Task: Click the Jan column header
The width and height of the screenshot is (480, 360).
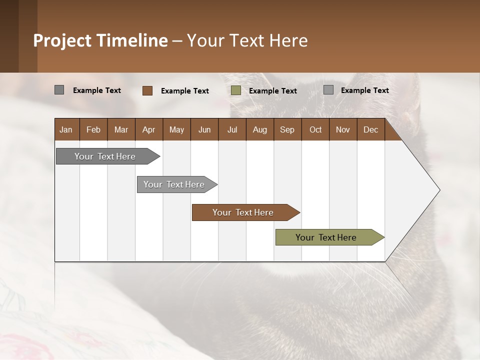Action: click(x=66, y=129)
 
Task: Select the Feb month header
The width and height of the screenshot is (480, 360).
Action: click(x=93, y=129)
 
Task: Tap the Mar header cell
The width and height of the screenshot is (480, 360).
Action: click(x=121, y=129)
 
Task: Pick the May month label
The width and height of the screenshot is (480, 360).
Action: click(x=176, y=129)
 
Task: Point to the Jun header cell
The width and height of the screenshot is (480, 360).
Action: click(x=204, y=129)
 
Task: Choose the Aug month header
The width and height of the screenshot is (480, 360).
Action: click(x=259, y=129)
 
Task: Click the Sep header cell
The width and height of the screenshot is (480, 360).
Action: click(x=287, y=129)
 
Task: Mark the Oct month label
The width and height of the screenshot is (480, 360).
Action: click(x=315, y=129)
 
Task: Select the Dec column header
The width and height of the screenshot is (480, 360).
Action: click(x=370, y=129)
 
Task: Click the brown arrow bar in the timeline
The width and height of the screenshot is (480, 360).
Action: click(x=243, y=212)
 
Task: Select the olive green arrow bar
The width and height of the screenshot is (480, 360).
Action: click(x=326, y=237)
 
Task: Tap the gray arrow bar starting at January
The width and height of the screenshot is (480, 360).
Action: click(x=105, y=156)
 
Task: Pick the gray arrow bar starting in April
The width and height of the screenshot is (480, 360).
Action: click(x=174, y=184)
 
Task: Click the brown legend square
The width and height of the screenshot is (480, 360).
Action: click(x=147, y=90)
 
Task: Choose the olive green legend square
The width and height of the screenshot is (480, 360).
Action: click(x=236, y=90)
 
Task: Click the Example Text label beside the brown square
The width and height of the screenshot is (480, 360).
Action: click(x=185, y=91)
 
